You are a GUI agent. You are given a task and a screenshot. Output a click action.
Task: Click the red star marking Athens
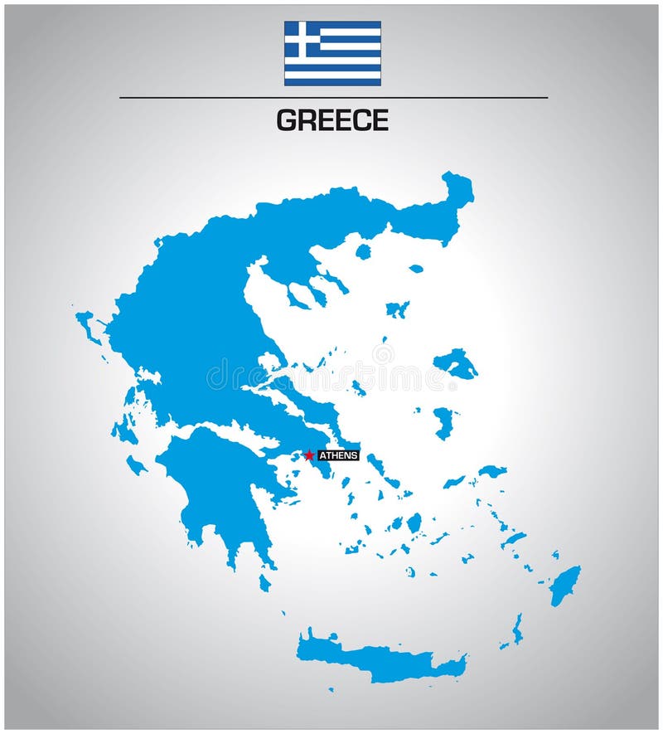pyautogui.click(x=308, y=455)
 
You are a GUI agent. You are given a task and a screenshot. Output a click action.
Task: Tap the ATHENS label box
pyautogui.click(x=339, y=455)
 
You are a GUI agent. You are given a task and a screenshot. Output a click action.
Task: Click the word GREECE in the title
pyautogui.click(x=332, y=121)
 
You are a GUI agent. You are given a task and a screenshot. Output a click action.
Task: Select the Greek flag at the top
pyautogui.click(x=332, y=53)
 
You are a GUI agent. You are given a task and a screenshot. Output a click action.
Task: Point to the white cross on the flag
pyautogui.click(x=302, y=38)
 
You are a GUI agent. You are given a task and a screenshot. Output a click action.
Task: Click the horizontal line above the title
pyautogui.click(x=333, y=98)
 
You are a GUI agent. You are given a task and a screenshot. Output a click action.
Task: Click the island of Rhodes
pyautogui.click(x=565, y=584)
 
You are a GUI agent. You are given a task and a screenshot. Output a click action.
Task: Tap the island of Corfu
pyautogui.click(x=86, y=324)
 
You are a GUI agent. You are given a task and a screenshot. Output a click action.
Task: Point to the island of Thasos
pyautogui.click(x=363, y=251)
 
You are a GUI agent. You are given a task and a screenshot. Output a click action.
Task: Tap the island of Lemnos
pyautogui.click(x=397, y=309)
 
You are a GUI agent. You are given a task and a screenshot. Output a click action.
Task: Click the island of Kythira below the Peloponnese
pyautogui.click(x=264, y=583)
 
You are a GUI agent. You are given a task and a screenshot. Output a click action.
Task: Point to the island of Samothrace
pyautogui.click(x=416, y=269)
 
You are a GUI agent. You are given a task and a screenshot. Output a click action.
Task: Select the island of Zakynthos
pyautogui.click(x=136, y=465)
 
